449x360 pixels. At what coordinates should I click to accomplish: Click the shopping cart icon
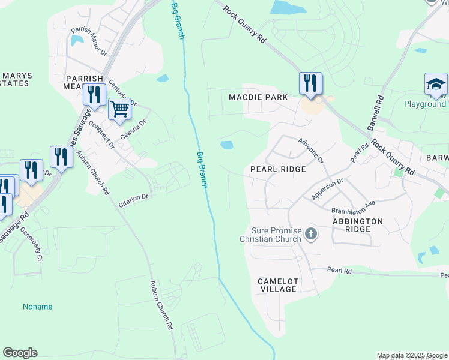(119, 110)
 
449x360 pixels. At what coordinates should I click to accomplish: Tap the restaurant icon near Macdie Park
(310, 83)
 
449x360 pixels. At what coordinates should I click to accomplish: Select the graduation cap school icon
(436, 84)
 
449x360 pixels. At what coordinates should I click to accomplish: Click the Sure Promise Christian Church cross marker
(311, 233)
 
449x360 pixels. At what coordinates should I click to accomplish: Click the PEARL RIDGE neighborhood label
(278, 170)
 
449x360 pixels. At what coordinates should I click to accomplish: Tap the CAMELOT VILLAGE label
(277, 285)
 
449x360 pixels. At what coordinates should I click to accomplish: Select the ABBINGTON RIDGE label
(357, 226)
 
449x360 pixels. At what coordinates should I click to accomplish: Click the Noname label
(38, 307)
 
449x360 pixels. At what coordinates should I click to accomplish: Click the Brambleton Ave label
(353, 208)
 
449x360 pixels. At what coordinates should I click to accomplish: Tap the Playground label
(424, 104)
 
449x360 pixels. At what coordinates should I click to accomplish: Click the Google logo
(20, 353)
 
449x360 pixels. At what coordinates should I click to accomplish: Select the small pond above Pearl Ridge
(227, 145)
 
